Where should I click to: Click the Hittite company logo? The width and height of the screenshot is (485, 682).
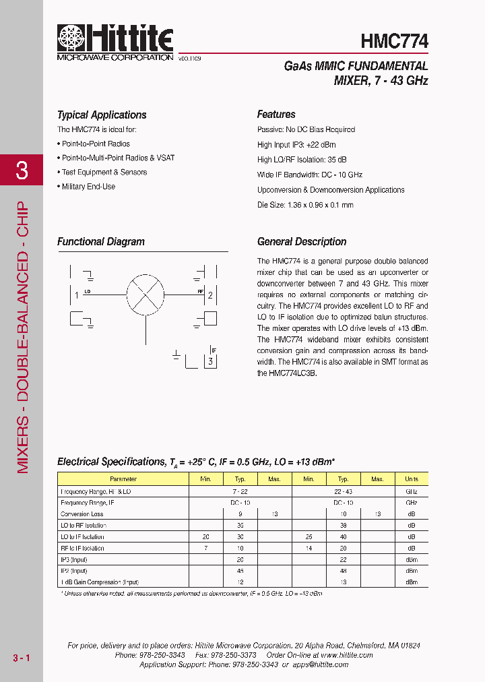point(115,41)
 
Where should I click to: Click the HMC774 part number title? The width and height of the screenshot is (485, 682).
point(394,41)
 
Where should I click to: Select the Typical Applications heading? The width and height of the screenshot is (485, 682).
point(102,115)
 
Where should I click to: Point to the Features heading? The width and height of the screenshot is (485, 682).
point(276,115)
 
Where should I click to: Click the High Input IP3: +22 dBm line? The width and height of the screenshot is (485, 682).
point(296,145)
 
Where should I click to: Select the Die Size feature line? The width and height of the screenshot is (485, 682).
point(305,205)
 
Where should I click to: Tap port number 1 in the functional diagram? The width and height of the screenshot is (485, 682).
point(77,294)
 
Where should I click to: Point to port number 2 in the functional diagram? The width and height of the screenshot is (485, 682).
point(210,294)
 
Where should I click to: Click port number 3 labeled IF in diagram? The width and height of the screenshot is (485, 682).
point(211,362)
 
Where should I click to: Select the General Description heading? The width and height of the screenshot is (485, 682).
point(302,242)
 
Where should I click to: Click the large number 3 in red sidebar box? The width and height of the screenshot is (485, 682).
point(22,170)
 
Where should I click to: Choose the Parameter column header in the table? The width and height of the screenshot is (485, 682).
point(123,479)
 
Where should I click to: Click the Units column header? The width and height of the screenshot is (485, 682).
point(411,479)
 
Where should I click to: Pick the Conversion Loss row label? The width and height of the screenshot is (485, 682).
point(82,514)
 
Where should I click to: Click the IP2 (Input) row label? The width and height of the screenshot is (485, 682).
point(74,571)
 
